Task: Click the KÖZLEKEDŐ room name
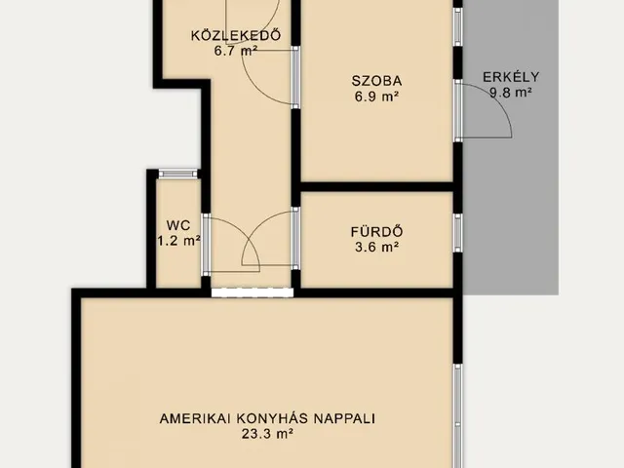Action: (236, 35)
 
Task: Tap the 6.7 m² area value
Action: (236, 51)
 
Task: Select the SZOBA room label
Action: (376, 81)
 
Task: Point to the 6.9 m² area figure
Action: (376, 97)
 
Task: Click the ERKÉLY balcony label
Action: (511, 77)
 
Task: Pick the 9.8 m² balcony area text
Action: (511, 93)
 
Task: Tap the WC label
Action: (178, 225)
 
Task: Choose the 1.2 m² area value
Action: (178, 241)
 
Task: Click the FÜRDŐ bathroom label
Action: (376, 232)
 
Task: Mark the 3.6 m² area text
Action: (376, 247)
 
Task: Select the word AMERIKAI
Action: (195, 418)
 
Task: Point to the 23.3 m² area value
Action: (267, 434)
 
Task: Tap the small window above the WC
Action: (177, 174)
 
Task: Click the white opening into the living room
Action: (253, 292)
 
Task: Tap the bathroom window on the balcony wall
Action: (458, 233)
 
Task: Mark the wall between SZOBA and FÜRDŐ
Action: (376, 186)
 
